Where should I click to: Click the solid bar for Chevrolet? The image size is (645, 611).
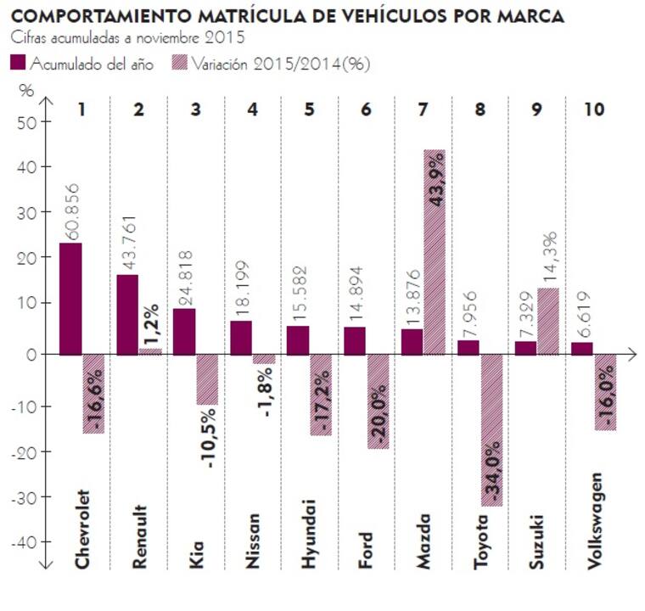click(70, 298)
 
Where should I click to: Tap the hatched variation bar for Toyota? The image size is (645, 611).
click(491, 429)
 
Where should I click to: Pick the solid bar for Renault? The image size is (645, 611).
click(127, 314)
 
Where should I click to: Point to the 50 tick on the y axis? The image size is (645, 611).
click(28, 121)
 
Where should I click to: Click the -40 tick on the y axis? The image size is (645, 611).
click(25, 541)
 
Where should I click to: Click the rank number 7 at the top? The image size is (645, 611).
click(423, 110)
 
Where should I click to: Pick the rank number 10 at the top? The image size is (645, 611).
click(594, 110)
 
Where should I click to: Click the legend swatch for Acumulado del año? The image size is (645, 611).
click(18, 63)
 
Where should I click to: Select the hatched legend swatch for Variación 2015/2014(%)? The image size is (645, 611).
click(178, 63)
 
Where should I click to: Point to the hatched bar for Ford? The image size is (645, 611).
click(378, 401)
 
